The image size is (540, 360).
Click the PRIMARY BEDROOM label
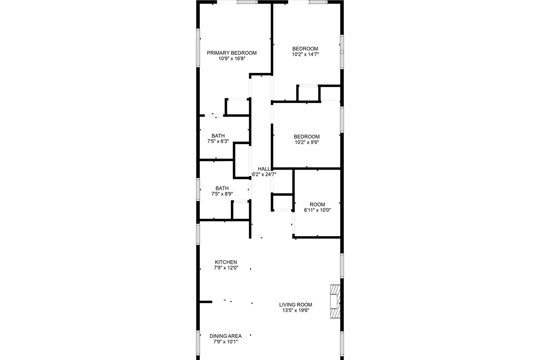(x=232, y=53)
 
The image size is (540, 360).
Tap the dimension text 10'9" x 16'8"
(x=232, y=58)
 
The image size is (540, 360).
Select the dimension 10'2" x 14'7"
(x=306, y=54)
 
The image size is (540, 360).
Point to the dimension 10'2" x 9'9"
(x=306, y=142)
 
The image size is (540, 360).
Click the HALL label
(x=264, y=169)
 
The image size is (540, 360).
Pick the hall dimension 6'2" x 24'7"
(x=264, y=174)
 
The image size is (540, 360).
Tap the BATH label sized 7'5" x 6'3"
(x=218, y=136)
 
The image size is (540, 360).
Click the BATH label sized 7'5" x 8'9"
(x=222, y=188)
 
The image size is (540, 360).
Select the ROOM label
(x=317, y=204)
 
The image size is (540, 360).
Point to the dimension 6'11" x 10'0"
(x=317, y=210)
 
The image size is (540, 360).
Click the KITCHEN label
(x=226, y=262)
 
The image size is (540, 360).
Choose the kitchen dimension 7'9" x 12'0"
(x=226, y=268)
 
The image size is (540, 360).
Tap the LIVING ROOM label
(x=296, y=305)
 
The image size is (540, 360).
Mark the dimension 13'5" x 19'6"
(x=296, y=310)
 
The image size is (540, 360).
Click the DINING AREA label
(x=225, y=336)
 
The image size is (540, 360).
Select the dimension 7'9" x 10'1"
(x=225, y=342)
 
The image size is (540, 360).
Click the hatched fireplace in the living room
(x=335, y=301)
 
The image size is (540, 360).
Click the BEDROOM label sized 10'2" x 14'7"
(x=305, y=49)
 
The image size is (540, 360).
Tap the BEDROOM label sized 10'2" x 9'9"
(x=306, y=136)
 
